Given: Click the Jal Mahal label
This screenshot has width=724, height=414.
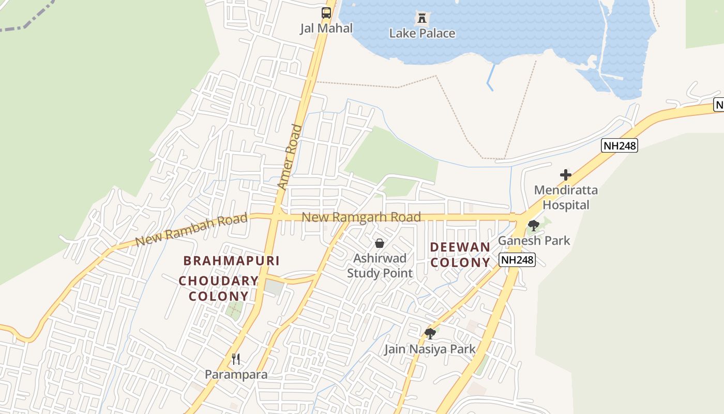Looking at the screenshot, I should [326, 28].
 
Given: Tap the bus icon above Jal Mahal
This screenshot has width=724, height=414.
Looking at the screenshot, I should [326, 13].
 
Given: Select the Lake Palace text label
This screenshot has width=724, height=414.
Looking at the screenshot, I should [422, 34].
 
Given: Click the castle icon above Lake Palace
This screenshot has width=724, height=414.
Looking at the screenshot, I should [422, 19].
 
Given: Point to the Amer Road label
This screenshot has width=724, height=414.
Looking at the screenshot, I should [290, 156].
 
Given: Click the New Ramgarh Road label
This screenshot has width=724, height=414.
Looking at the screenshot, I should [361, 217].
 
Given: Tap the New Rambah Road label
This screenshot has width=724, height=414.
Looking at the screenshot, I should [191, 230].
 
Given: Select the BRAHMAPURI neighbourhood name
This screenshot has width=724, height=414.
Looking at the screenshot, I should [232, 261].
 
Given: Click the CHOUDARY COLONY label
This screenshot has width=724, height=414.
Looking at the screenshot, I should [219, 289].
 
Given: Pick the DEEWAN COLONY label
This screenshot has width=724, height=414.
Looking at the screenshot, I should [460, 255].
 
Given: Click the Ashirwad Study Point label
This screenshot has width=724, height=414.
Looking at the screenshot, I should [380, 265].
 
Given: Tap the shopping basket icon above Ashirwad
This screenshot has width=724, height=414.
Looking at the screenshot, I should [380, 243].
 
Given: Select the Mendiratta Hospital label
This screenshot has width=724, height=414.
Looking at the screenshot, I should [566, 197].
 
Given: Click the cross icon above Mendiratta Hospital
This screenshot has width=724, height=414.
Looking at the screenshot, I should [566, 175].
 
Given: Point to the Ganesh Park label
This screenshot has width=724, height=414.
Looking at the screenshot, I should [534, 241].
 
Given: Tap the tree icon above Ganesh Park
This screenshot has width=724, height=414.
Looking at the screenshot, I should [533, 226].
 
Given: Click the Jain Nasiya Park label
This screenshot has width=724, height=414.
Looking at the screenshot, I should [429, 349].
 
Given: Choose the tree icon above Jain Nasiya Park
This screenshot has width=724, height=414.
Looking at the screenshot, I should [430, 334].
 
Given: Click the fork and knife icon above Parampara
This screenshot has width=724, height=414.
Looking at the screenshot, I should [236, 359].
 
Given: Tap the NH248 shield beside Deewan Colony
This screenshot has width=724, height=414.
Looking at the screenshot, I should [517, 260].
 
